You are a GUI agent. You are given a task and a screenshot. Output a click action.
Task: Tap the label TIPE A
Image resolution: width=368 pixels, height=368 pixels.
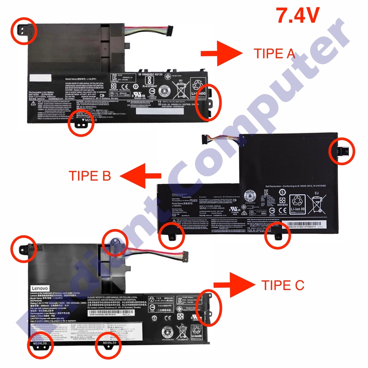click(x=275, y=54)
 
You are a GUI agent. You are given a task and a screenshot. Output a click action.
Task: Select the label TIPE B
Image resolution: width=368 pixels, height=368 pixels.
click(x=89, y=176)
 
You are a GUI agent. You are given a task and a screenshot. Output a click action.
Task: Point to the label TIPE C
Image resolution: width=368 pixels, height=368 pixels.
click(x=283, y=285)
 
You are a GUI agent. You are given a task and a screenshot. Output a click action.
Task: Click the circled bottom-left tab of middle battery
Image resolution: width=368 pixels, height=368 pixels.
click(x=171, y=235)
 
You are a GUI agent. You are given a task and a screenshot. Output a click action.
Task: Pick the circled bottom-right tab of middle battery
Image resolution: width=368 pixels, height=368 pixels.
click(x=277, y=235)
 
